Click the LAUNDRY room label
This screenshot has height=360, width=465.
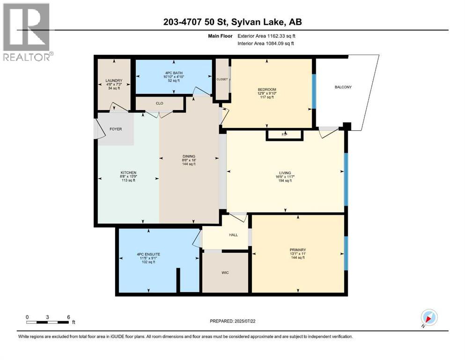tap(114, 81)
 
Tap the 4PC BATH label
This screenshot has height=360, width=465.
tap(173, 73)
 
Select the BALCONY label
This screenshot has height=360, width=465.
tap(343, 87)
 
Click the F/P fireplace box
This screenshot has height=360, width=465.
tap(284, 135)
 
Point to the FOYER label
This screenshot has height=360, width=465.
tap(115, 129)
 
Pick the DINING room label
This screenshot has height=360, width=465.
tap(189, 157)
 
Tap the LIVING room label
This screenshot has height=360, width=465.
tap(285, 172)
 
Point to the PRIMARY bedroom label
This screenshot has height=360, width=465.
tap(297, 250)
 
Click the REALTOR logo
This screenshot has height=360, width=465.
tap(27, 32)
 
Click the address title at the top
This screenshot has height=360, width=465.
tap(232, 22)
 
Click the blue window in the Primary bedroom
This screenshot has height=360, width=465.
tap(346, 253)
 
